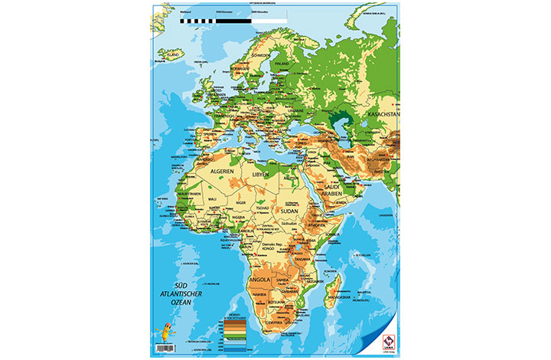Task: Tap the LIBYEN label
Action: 261,175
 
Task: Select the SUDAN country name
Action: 290,210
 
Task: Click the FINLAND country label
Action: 286,64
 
